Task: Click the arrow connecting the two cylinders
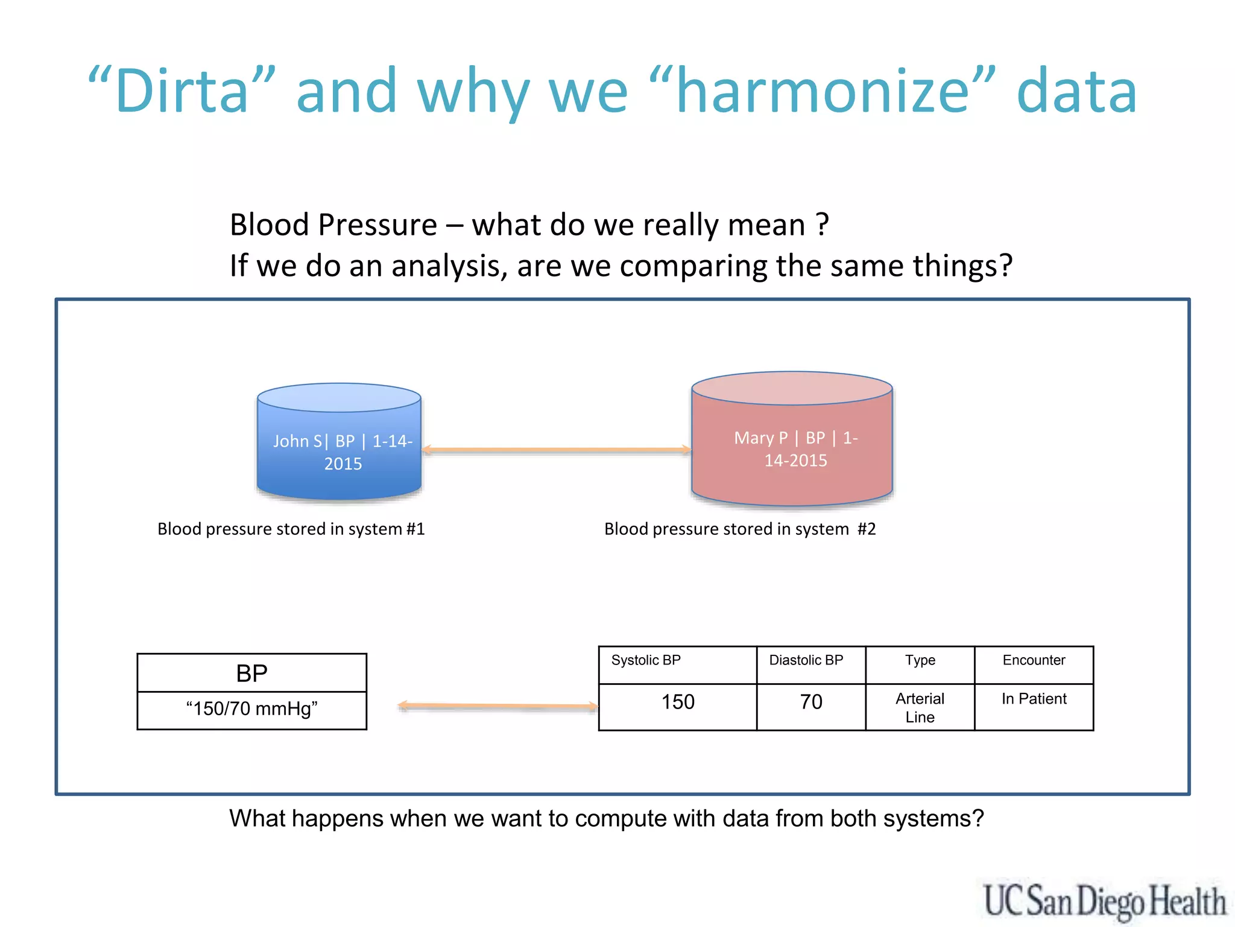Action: pos(556,450)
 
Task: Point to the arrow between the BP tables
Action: pos(498,706)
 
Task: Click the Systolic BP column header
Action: pos(646,660)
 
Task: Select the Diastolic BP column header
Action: pos(806,660)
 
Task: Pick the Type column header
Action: pos(920,660)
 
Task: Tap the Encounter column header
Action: pos(1034,660)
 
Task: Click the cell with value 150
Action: pos(678,702)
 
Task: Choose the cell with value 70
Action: pos(811,702)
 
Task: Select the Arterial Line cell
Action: pos(920,708)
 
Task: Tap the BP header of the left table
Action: pos(251,674)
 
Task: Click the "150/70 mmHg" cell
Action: pos(251,709)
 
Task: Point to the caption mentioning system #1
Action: pos(291,529)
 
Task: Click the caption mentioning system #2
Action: pos(740,529)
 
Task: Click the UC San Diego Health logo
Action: pos(1104,901)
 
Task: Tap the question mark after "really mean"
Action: pos(823,225)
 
